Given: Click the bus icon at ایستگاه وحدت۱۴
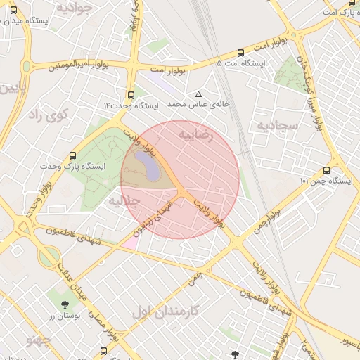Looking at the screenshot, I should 131,95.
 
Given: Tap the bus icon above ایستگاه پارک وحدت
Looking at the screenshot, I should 74,156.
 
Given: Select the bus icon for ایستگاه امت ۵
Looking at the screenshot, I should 241,53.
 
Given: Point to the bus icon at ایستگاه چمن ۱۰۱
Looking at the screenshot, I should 326,170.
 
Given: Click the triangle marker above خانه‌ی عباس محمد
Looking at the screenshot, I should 198,94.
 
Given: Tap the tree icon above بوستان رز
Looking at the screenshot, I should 65,304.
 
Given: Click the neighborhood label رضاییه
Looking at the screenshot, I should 195,134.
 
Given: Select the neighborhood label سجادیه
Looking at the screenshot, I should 278,126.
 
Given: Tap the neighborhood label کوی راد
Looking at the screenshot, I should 44,115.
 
